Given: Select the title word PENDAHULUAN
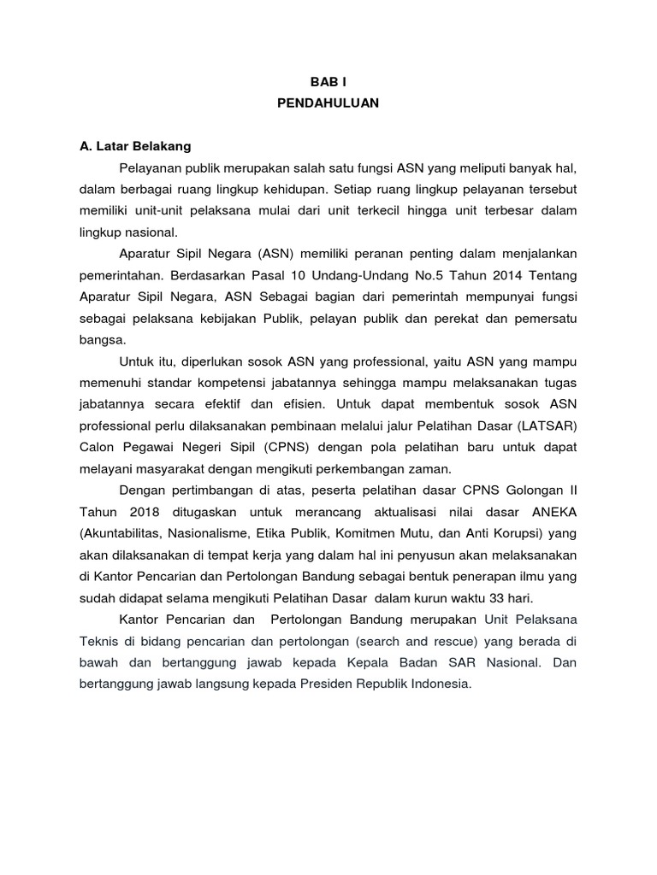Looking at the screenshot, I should click(328, 103).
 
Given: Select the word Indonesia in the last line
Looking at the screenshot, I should click(437, 684).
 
